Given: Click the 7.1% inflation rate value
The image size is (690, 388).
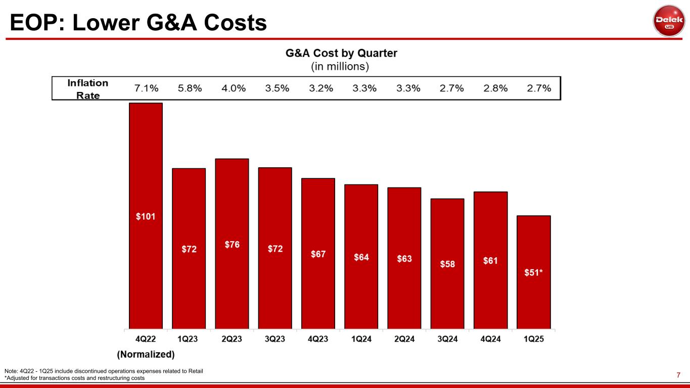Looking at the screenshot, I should pyautogui.click(x=146, y=88).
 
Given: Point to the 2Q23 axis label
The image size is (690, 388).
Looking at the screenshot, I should pyautogui.click(x=232, y=339).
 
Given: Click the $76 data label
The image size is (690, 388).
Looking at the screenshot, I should pyautogui.click(x=232, y=245).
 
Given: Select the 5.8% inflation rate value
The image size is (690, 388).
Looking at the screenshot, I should pyautogui.click(x=190, y=88).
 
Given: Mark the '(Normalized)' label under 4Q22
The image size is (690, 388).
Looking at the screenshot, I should pyautogui.click(x=146, y=354).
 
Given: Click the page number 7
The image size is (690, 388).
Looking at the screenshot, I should pyautogui.click(x=679, y=375).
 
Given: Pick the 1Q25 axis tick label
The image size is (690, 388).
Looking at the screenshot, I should pyautogui.click(x=533, y=339).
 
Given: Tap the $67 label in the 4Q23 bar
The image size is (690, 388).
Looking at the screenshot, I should pyautogui.click(x=318, y=254).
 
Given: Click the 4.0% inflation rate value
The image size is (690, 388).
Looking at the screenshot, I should pyautogui.click(x=234, y=88).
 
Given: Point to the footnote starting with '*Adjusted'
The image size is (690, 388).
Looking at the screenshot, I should pyautogui.click(x=74, y=378).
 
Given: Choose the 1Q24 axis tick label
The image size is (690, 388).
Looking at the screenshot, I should pyautogui.click(x=361, y=339).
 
